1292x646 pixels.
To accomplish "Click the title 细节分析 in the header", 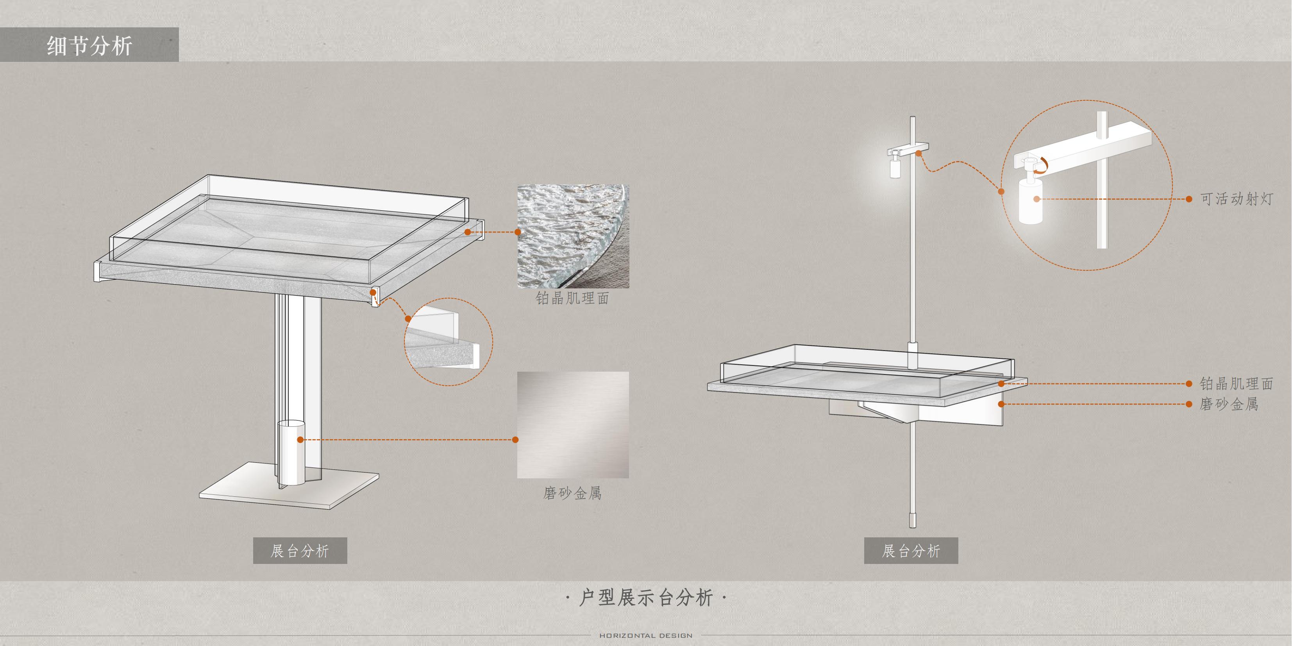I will [x=89, y=46].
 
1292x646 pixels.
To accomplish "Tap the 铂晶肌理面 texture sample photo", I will [x=573, y=236].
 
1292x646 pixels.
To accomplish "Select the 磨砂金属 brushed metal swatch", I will [x=573, y=424].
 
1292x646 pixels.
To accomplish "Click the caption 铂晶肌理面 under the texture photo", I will [x=572, y=299].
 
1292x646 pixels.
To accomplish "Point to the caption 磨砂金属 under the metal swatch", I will [x=572, y=494].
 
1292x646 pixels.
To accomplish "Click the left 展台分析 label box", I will [x=300, y=551].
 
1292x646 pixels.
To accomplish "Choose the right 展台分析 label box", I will [x=911, y=551].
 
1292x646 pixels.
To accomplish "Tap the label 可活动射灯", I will [x=1237, y=199].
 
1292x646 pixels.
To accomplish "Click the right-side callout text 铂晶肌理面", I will [x=1237, y=384].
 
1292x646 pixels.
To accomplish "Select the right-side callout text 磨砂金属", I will [x=1229, y=404].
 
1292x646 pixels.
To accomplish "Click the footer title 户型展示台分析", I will [x=646, y=598].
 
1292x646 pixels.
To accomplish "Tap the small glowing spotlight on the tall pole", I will [x=895, y=167].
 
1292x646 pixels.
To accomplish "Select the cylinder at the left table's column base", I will [x=291, y=454].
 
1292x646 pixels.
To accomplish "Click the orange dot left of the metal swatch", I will [x=515, y=440].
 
